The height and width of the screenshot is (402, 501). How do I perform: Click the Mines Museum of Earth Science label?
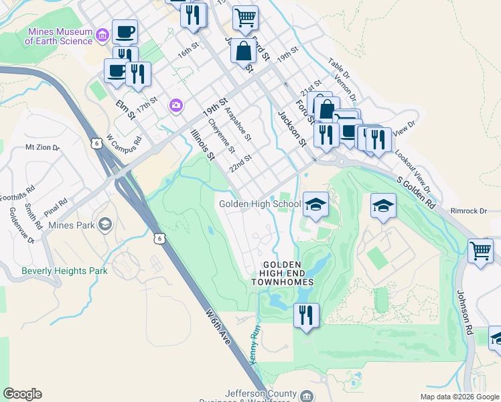[59, 36]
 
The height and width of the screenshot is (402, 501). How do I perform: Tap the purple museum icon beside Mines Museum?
[102, 34]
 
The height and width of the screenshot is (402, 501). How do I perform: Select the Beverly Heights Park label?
[64, 271]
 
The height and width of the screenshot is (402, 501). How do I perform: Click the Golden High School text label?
[260, 204]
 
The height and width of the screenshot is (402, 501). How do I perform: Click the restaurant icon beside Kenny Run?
[306, 314]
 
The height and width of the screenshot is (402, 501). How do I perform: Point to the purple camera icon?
[175, 104]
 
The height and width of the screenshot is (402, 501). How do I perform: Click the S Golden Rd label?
[417, 192]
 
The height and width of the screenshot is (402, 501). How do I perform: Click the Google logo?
[22, 394]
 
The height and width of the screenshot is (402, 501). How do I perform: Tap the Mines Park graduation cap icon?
[104, 224]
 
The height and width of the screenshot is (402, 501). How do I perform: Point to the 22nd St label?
[240, 163]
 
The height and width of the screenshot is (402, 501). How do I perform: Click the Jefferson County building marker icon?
[306, 395]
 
